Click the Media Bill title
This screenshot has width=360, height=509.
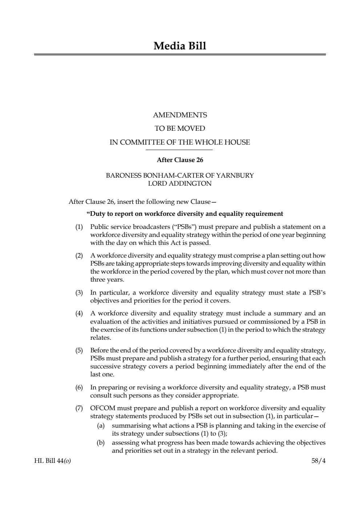click(180, 46)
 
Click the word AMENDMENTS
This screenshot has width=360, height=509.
click(180, 115)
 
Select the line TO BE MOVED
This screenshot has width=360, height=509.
click(180, 129)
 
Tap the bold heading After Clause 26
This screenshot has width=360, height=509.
click(180, 160)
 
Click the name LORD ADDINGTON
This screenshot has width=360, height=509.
click(180, 183)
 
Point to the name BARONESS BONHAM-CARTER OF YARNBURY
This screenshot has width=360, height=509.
click(180, 175)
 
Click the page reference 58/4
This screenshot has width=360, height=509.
click(318, 461)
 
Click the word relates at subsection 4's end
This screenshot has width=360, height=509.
click(100, 338)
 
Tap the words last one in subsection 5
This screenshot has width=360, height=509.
click(102, 375)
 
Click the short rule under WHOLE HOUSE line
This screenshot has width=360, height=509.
click(180, 150)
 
